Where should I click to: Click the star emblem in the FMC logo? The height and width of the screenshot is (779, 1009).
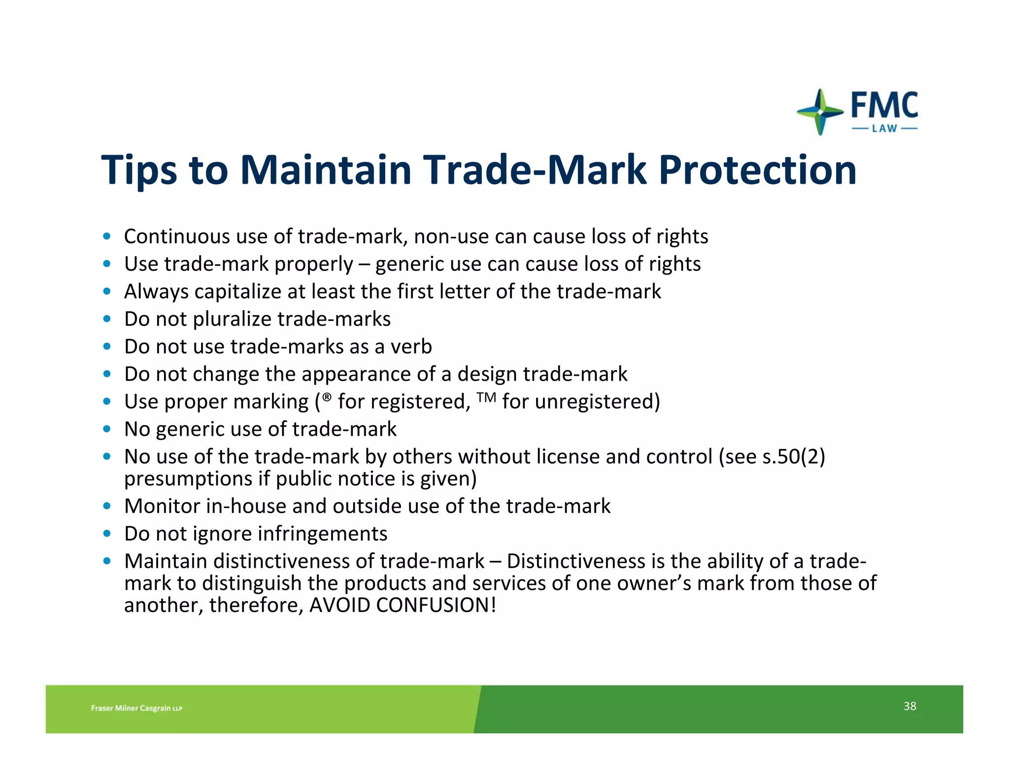click(819, 112)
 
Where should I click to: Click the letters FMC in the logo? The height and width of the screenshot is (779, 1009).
click(884, 105)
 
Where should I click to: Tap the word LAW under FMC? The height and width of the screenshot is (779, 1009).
click(884, 129)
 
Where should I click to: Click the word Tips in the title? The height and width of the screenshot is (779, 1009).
click(139, 170)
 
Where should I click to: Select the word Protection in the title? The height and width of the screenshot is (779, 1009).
click(757, 170)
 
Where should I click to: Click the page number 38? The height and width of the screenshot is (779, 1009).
click(909, 706)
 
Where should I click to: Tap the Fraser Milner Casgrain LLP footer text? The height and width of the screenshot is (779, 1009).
click(136, 708)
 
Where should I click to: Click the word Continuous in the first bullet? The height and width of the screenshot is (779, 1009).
click(176, 237)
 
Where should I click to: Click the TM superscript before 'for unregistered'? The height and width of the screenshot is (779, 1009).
click(486, 396)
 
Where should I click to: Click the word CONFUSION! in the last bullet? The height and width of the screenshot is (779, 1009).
click(436, 605)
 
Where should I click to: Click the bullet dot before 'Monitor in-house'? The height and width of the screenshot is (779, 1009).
click(107, 506)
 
